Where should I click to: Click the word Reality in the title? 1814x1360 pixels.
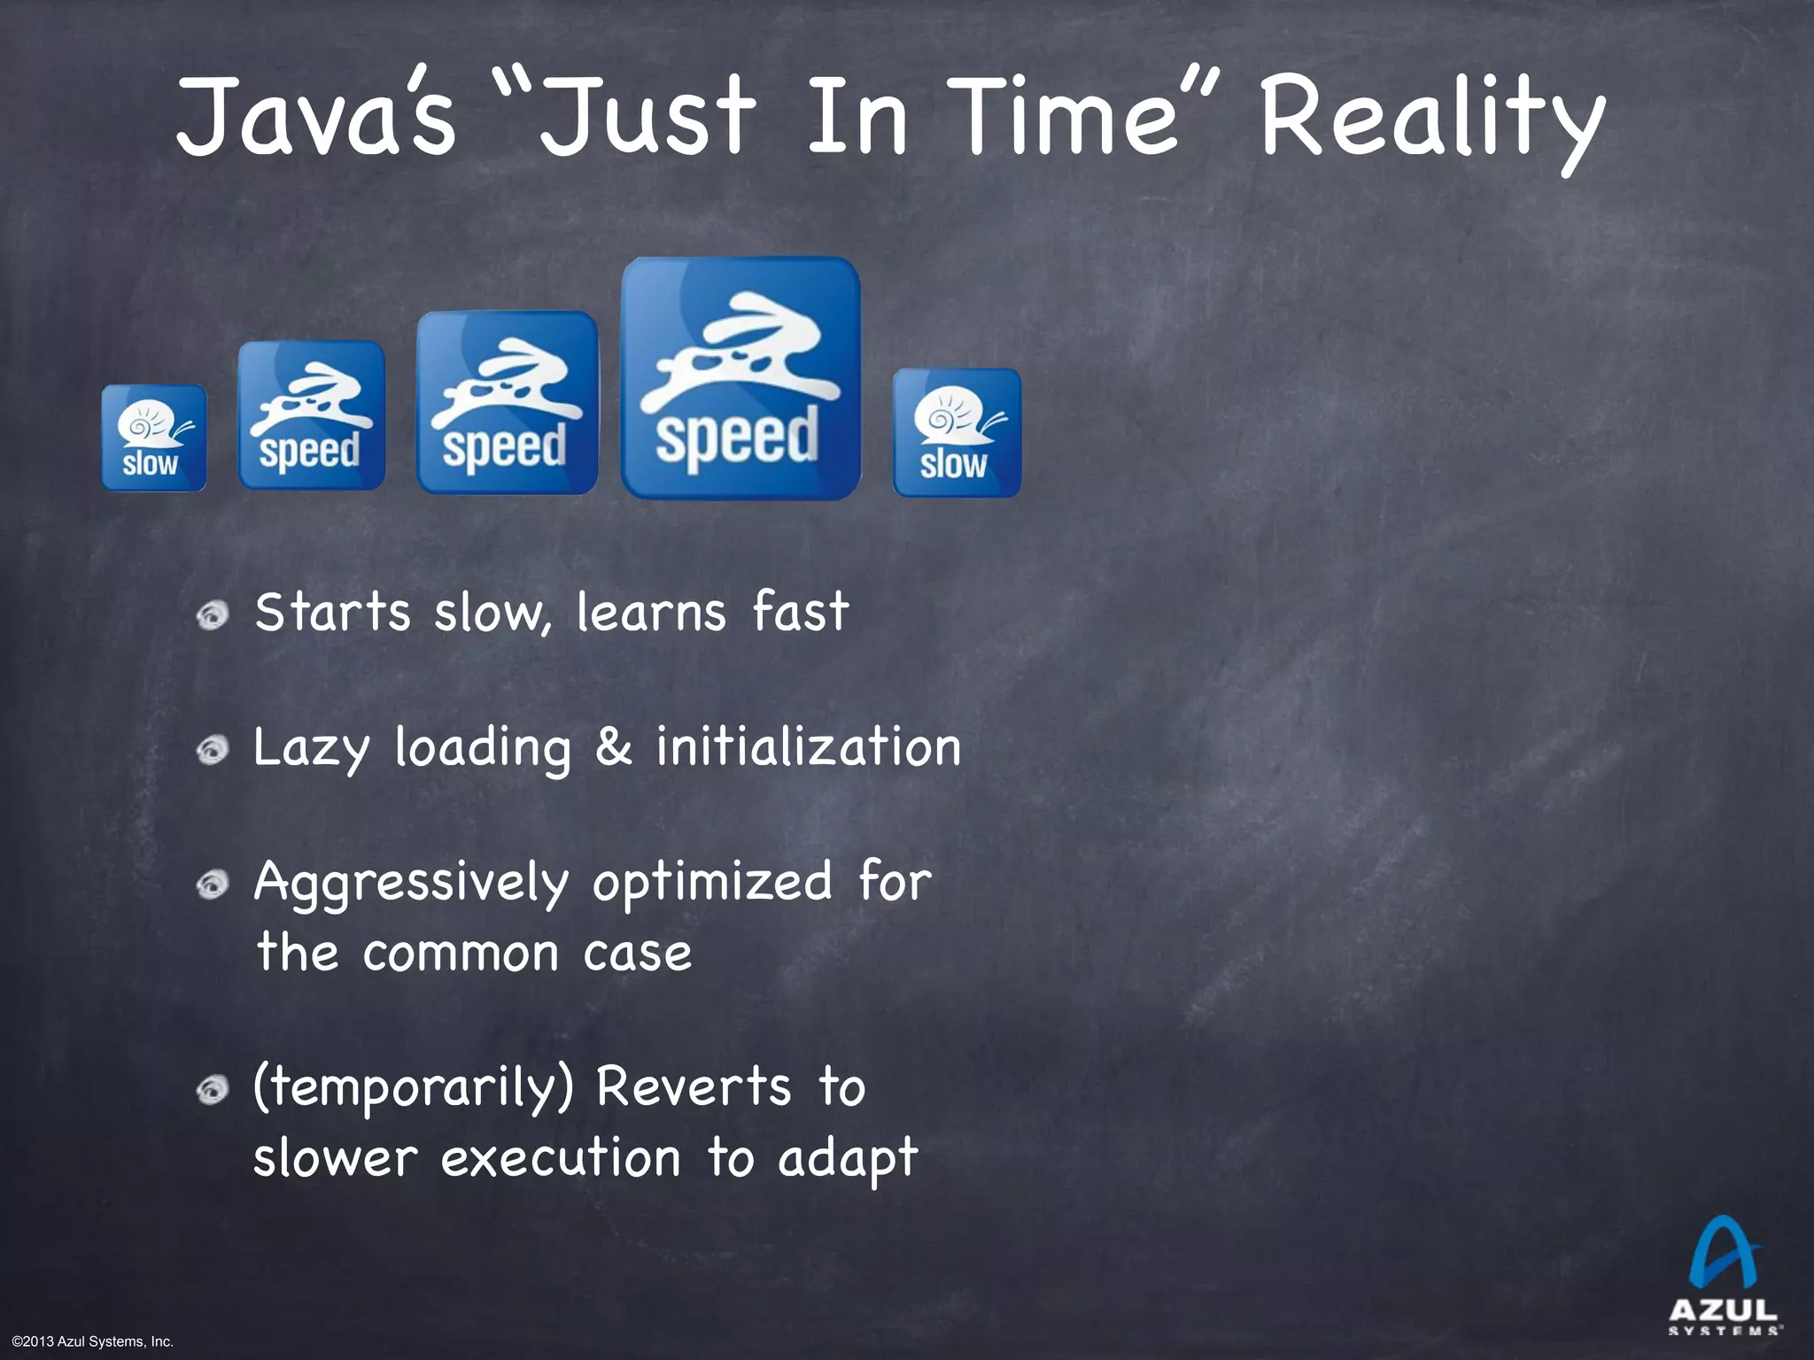pos(1430,120)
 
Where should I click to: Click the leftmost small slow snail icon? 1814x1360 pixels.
pos(154,437)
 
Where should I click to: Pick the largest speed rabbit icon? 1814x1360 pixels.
pos(740,379)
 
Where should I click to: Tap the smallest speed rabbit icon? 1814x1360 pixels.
pos(312,415)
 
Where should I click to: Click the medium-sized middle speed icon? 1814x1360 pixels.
pos(508,403)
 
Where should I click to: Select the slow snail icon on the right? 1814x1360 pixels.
pos(957,433)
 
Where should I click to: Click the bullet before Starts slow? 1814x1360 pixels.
pos(213,614)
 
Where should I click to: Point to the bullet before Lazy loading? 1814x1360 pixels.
pos(213,750)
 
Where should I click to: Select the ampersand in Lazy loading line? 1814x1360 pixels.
pos(613,746)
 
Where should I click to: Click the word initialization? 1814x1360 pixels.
pos(808,746)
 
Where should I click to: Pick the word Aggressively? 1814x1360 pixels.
pos(411,884)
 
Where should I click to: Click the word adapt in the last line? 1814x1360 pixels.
pos(848,1159)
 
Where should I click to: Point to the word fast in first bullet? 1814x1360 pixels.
pos(801,612)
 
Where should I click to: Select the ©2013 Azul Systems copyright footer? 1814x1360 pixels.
pos(93,1342)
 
